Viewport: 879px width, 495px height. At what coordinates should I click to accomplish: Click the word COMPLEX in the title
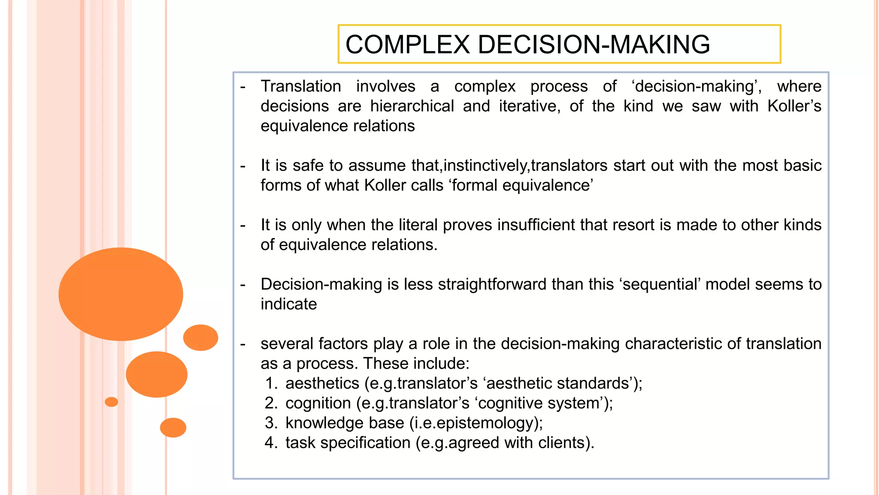pos(407,45)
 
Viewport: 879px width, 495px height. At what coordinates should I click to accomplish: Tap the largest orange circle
pos(121,294)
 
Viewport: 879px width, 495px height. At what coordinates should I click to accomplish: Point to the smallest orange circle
pos(111,402)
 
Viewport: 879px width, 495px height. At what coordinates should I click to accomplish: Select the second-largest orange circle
pos(157,374)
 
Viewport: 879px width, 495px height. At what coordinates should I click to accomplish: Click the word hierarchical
pos(412,106)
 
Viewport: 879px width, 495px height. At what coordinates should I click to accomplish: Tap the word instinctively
pos(487,165)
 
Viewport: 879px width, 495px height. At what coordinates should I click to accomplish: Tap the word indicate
pos(288,304)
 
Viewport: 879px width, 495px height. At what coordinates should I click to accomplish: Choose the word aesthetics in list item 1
pos(322,383)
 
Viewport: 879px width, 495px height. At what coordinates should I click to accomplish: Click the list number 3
pos(270,423)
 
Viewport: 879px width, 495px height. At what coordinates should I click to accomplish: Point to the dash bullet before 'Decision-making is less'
pos(243,284)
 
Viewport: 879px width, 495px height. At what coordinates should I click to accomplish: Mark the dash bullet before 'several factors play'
pos(243,344)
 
